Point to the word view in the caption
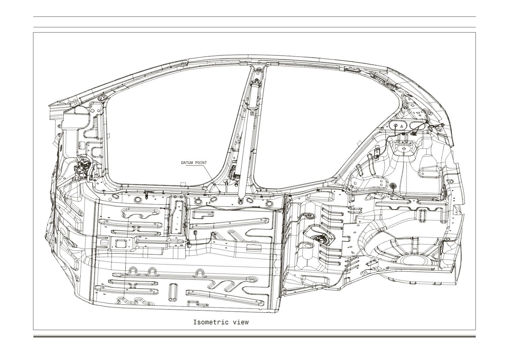241,322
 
